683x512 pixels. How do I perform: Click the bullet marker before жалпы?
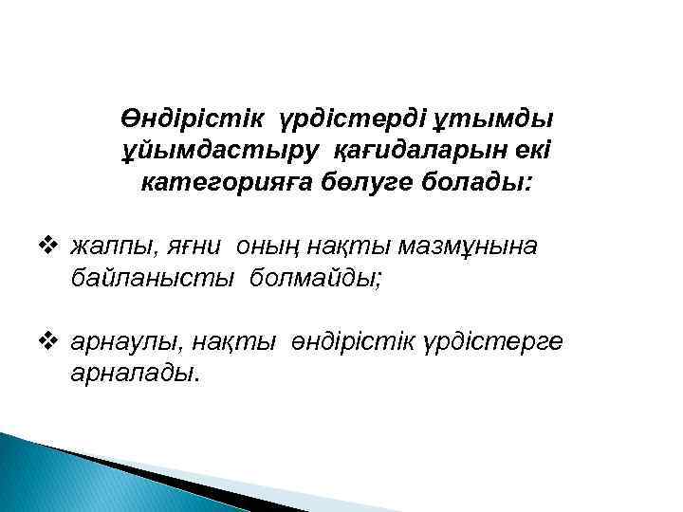pyautogui.click(x=53, y=247)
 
